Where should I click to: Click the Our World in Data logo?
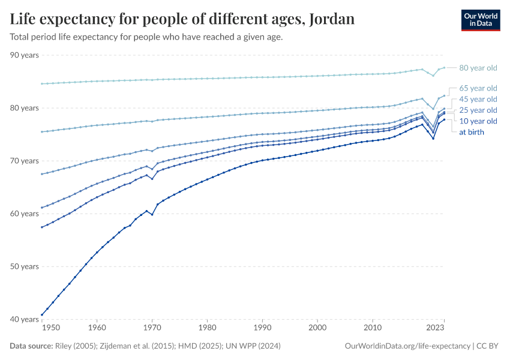pyautogui.click(x=480, y=20)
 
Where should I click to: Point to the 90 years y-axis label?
pyautogui.click(x=25, y=55)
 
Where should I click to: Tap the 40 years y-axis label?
pyautogui.click(x=25, y=319)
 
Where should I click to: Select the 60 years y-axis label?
pyautogui.click(x=25, y=214)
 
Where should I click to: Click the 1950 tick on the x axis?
pyautogui.click(x=51, y=329)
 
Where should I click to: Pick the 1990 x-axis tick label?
pyautogui.click(x=262, y=329)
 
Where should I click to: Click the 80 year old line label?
pyautogui.click(x=478, y=68)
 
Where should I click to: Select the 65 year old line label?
pyautogui.click(x=478, y=88)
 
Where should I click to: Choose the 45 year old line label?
pyautogui.click(x=478, y=99)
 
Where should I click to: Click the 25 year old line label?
pyautogui.click(x=478, y=110)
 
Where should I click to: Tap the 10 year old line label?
pyautogui.click(x=478, y=121)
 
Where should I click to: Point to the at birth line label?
pyautogui.click(x=471, y=132)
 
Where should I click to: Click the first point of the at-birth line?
pyautogui.click(x=41, y=314)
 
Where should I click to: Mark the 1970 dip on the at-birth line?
pyautogui.click(x=152, y=215)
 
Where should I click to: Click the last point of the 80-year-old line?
pyautogui.click(x=444, y=68)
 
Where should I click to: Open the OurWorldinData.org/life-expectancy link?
pyautogui.click(x=408, y=346)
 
